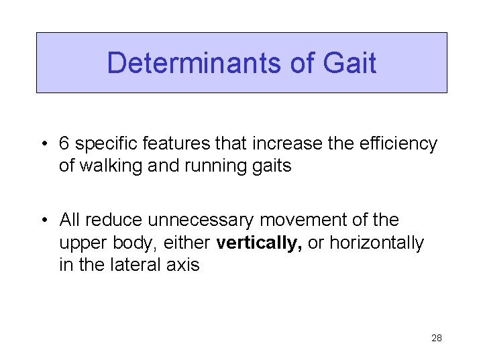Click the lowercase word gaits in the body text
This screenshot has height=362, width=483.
[x=272, y=166]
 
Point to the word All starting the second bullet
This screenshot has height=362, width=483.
[x=69, y=220]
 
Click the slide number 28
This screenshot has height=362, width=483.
[x=437, y=339]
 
